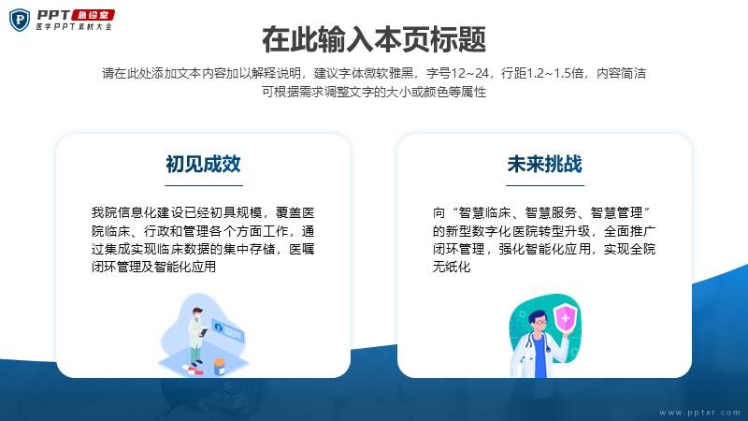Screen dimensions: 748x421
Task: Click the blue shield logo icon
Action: [x=20, y=20]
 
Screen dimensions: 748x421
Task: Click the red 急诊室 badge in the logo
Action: [x=93, y=15]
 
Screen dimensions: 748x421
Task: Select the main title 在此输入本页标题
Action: [x=374, y=39]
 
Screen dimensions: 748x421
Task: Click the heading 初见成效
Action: [x=203, y=165]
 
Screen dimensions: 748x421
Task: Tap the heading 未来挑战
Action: [x=545, y=165]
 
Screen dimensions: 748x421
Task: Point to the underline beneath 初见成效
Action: [x=204, y=185]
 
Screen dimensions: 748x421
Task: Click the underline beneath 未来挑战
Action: [x=545, y=185]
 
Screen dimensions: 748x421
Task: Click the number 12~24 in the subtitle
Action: [x=470, y=73]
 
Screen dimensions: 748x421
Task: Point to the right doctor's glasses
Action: [x=540, y=323]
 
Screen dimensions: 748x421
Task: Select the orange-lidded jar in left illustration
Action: [x=220, y=367]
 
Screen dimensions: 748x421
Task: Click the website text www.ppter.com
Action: [x=699, y=413]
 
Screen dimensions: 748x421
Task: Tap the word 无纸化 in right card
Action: [x=452, y=267]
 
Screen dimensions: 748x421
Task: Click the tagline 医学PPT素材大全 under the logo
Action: [x=74, y=27]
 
